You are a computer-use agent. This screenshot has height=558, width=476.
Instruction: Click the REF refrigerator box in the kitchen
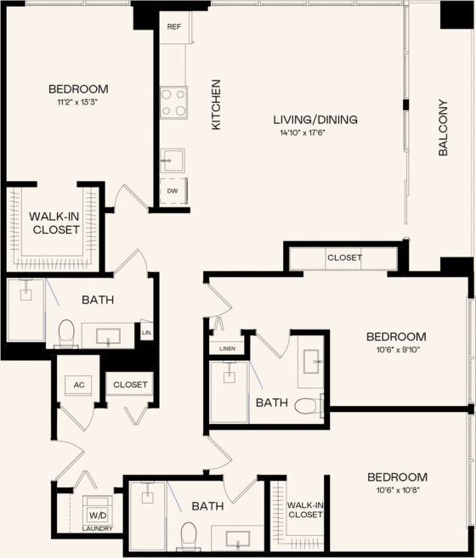click(173, 27)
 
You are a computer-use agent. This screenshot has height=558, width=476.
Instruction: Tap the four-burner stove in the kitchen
click(173, 103)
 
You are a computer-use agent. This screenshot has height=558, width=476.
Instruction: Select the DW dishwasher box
click(173, 190)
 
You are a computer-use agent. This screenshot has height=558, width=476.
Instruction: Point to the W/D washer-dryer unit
click(93, 515)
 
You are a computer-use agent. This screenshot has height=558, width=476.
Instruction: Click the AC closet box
click(79, 385)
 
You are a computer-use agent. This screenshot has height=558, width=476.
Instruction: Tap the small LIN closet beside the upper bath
click(146, 332)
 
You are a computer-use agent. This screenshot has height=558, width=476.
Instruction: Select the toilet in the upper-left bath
click(66, 333)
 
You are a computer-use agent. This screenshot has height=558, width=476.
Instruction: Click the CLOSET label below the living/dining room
click(343, 257)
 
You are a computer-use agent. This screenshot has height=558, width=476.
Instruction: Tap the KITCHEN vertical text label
click(216, 104)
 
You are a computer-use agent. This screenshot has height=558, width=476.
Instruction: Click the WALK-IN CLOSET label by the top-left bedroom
click(54, 223)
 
